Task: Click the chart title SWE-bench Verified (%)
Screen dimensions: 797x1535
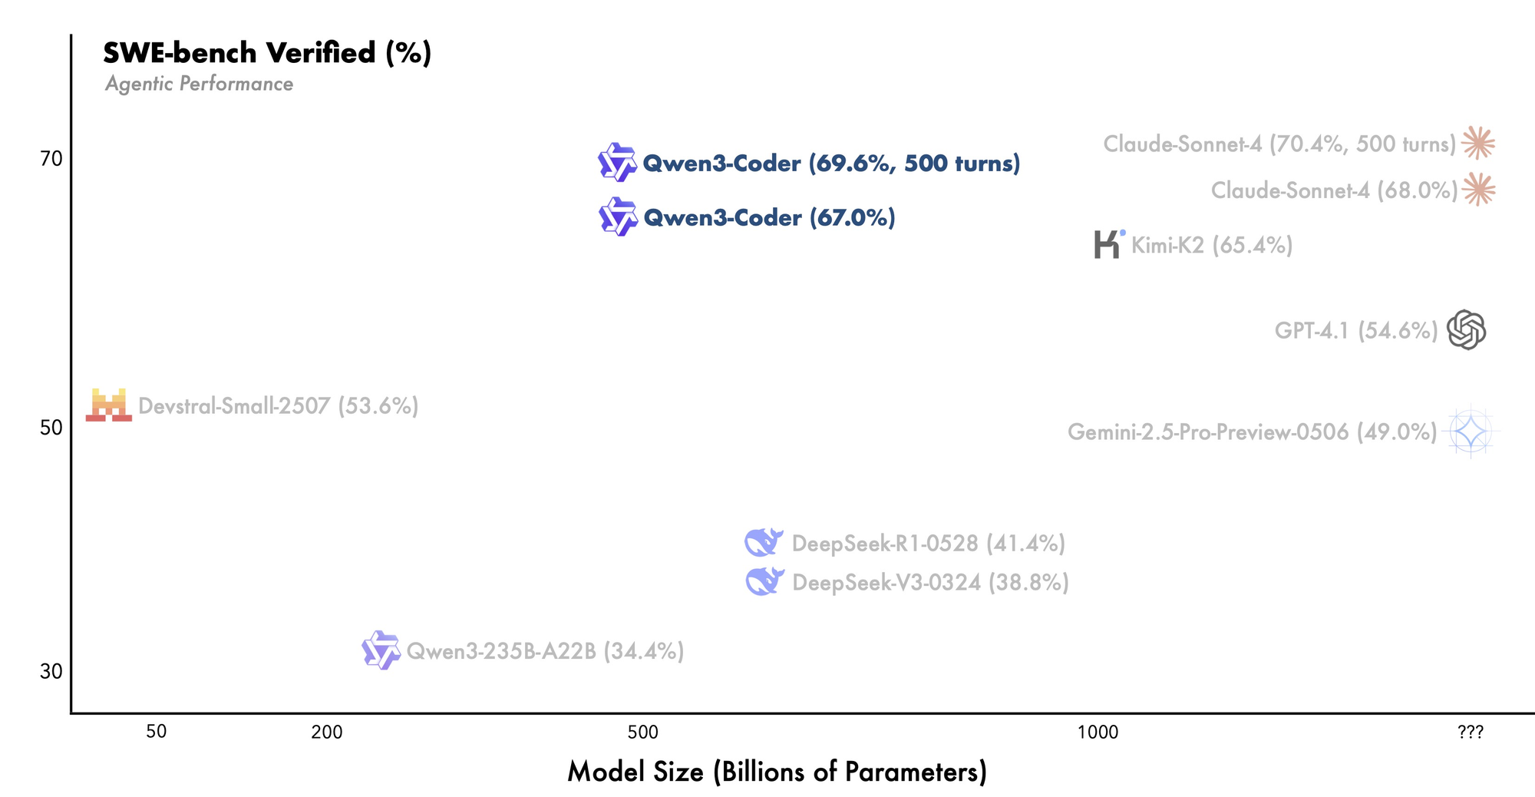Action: pos(267,53)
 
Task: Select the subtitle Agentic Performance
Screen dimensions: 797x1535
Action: pos(199,84)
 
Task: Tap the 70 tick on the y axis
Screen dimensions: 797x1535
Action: pos(51,159)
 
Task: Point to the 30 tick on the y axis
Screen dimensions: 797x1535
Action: pos(51,671)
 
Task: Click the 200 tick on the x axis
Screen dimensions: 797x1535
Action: pos(327,733)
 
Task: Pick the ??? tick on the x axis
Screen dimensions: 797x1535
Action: pos(1471,733)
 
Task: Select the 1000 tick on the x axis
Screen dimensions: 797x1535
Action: pos(1098,733)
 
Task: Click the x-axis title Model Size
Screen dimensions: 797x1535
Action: pos(777,772)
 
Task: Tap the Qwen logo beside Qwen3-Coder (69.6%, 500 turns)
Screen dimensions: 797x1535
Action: pos(617,162)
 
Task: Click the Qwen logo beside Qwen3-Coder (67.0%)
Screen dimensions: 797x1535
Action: pos(618,217)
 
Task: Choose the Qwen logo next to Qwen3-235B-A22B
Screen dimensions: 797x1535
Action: pos(381,650)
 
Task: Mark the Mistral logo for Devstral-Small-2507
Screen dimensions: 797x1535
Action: pos(108,405)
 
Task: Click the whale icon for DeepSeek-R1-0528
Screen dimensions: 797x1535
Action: pos(764,542)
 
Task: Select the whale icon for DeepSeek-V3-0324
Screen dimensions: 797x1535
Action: pos(764,581)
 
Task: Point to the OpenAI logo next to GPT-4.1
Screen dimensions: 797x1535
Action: pos(1466,330)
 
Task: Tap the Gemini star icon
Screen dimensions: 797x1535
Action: pos(1471,432)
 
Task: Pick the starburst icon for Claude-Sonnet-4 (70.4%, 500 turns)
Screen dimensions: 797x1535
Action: pos(1478,143)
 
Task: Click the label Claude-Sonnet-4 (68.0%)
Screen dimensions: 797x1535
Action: pos(1334,190)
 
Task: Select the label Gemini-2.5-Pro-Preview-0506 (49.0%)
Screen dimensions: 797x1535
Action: pos(1252,432)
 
